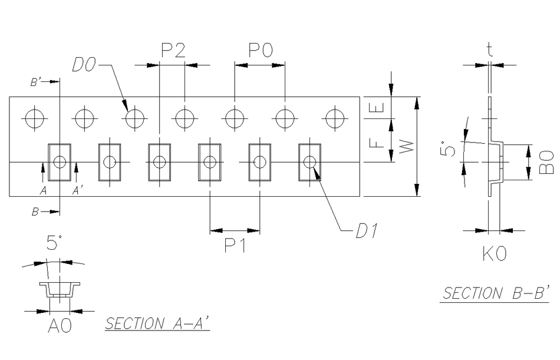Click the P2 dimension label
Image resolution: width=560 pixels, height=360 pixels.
(173, 51)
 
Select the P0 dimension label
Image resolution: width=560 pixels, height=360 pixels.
(260, 51)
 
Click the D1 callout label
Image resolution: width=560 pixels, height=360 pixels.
(366, 232)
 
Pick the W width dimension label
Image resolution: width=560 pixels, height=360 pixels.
(406, 144)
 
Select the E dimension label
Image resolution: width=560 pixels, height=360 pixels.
(379, 107)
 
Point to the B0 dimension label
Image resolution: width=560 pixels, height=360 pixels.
(546, 163)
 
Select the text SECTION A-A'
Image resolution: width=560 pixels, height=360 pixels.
(157, 323)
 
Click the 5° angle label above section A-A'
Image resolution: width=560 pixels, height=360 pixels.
(54, 242)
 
